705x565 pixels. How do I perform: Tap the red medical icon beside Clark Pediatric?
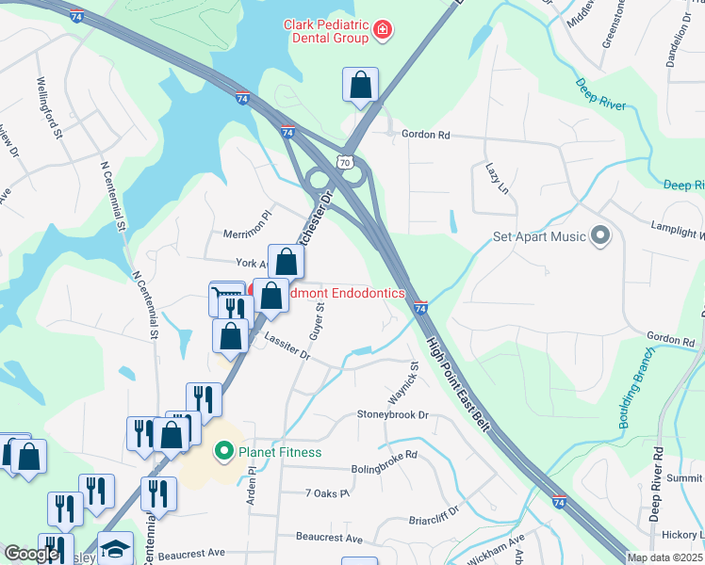pyautogui.click(x=383, y=31)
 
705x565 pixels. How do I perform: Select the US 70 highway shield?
pyautogui.click(x=348, y=163)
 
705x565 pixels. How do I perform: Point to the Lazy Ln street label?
pyautogui.click(x=498, y=177)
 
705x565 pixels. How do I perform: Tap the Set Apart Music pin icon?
pyautogui.click(x=600, y=236)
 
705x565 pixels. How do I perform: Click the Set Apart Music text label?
pyautogui.click(x=539, y=237)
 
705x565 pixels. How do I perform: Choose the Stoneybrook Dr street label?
pyautogui.click(x=392, y=414)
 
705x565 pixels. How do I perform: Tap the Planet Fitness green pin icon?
pyautogui.click(x=223, y=452)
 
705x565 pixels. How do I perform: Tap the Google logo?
pyautogui.click(x=31, y=554)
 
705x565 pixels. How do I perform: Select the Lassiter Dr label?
pyautogui.click(x=287, y=349)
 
